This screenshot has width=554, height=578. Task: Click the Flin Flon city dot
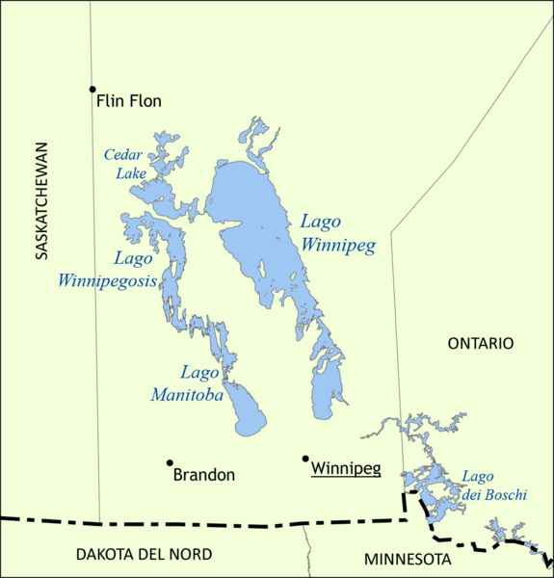pos(92,89)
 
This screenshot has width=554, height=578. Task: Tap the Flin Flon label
pos(129,100)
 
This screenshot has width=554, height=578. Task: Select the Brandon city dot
pos(170,462)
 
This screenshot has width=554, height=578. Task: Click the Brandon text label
pos(203,475)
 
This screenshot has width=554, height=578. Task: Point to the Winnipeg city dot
pos(305,459)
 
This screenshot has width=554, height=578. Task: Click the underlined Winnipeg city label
pos(346,469)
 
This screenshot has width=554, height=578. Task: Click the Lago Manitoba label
pos(188,383)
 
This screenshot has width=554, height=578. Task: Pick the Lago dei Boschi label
pos(493,486)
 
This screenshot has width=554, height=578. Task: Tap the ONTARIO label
pos(481,343)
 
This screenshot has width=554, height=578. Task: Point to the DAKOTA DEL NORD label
pos(144,554)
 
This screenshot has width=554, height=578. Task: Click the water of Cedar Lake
pos(154,191)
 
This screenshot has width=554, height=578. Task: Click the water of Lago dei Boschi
pos(424,476)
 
